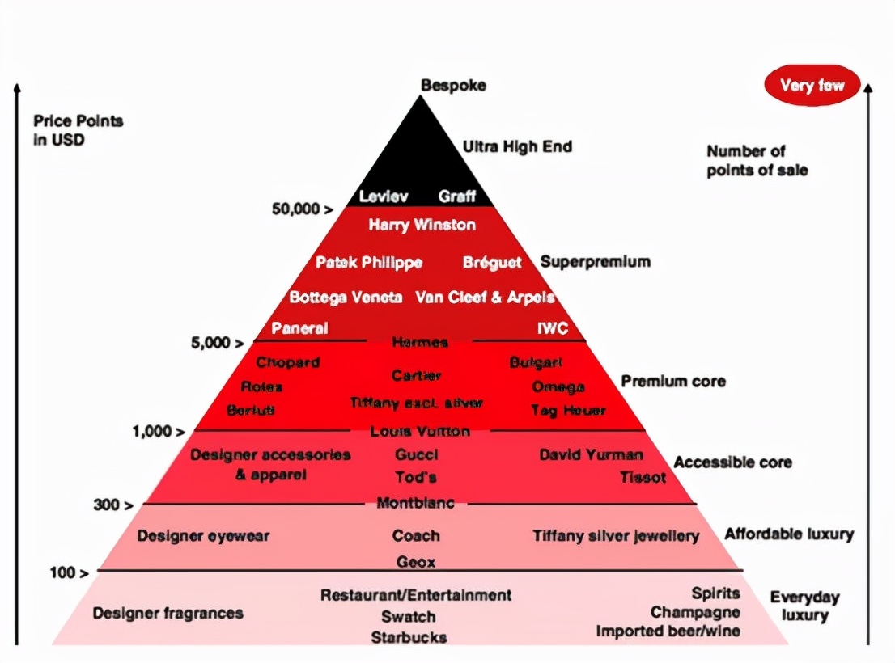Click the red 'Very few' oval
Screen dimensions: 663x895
click(x=812, y=85)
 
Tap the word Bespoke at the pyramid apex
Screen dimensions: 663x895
click(x=453, y=85)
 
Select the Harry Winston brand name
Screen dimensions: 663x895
click(x=422, y=225)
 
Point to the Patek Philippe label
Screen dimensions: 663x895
click(x=369, y=263)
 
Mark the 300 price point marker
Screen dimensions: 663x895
click(x=113, y=505)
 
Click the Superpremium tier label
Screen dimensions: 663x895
click(x=595, y=262)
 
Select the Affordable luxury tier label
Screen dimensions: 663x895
click(x=789, y=534)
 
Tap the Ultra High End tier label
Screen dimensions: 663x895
click(x=517, y=146)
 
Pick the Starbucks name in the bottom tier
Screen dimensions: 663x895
click(x=409, y=637)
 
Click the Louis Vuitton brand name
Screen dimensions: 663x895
click(x=420, y=432)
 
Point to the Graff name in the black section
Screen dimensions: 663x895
click(x=457, y=196)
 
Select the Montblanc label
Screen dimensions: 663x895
click(x=415, y=503)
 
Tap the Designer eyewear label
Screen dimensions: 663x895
click(x=203, y=535)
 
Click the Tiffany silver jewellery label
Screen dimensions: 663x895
click(x=616, y=535)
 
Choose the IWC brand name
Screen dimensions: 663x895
click(x=553, y=328)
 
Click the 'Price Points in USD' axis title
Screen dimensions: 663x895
click(x=78, y=129)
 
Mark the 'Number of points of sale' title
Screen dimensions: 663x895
click(x=757, y=160)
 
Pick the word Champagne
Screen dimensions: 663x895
click(x=695, y=612)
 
